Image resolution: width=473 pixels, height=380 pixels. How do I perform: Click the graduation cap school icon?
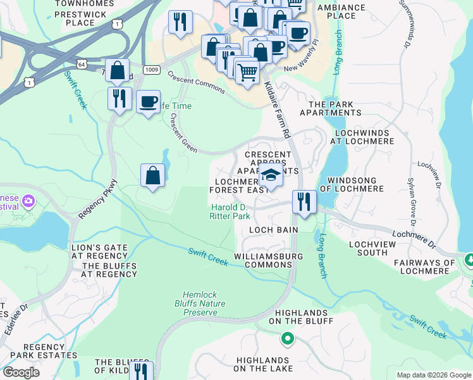click(x=271, y=176)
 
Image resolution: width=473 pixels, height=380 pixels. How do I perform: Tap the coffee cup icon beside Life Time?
click(x=148, y=101)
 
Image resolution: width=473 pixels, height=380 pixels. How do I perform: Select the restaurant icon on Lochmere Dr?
click(x=304, y=202)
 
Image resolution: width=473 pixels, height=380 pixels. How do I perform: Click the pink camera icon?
click(x=27, y=201)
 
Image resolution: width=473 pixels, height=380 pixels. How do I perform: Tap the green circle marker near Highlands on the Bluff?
click(x=288, y=339)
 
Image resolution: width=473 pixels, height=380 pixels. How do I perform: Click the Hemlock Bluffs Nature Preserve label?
click(x=200, y=303)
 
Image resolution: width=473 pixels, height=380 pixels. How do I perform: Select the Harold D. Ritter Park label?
click(x=230, y=212)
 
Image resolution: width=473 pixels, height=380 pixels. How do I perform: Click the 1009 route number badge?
click(x=151, y=69)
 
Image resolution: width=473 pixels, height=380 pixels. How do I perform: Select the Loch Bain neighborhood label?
click(x=273, y=229)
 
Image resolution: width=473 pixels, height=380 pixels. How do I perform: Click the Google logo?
click(x=21, y=372)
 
